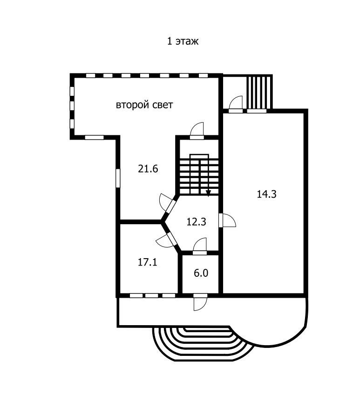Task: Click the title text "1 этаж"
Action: tap(183, 41)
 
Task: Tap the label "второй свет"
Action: tap(144, 105)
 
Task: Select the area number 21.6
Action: tap(148, 169)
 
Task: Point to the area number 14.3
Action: tap(267, 194)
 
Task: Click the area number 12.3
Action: tap(197, 222)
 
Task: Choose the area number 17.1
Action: tap(147, 262)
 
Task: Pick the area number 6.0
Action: tap(201, 273)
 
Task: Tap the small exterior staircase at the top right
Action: tap(259, 92)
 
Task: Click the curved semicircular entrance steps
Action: tap(200, 347)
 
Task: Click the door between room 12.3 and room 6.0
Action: tap(200, 246)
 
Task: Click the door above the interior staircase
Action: tap(197, 131)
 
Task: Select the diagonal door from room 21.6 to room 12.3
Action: tap(167, 203)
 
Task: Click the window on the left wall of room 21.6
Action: tap(118, 178)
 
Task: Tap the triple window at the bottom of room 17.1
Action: tap(152, 295)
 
